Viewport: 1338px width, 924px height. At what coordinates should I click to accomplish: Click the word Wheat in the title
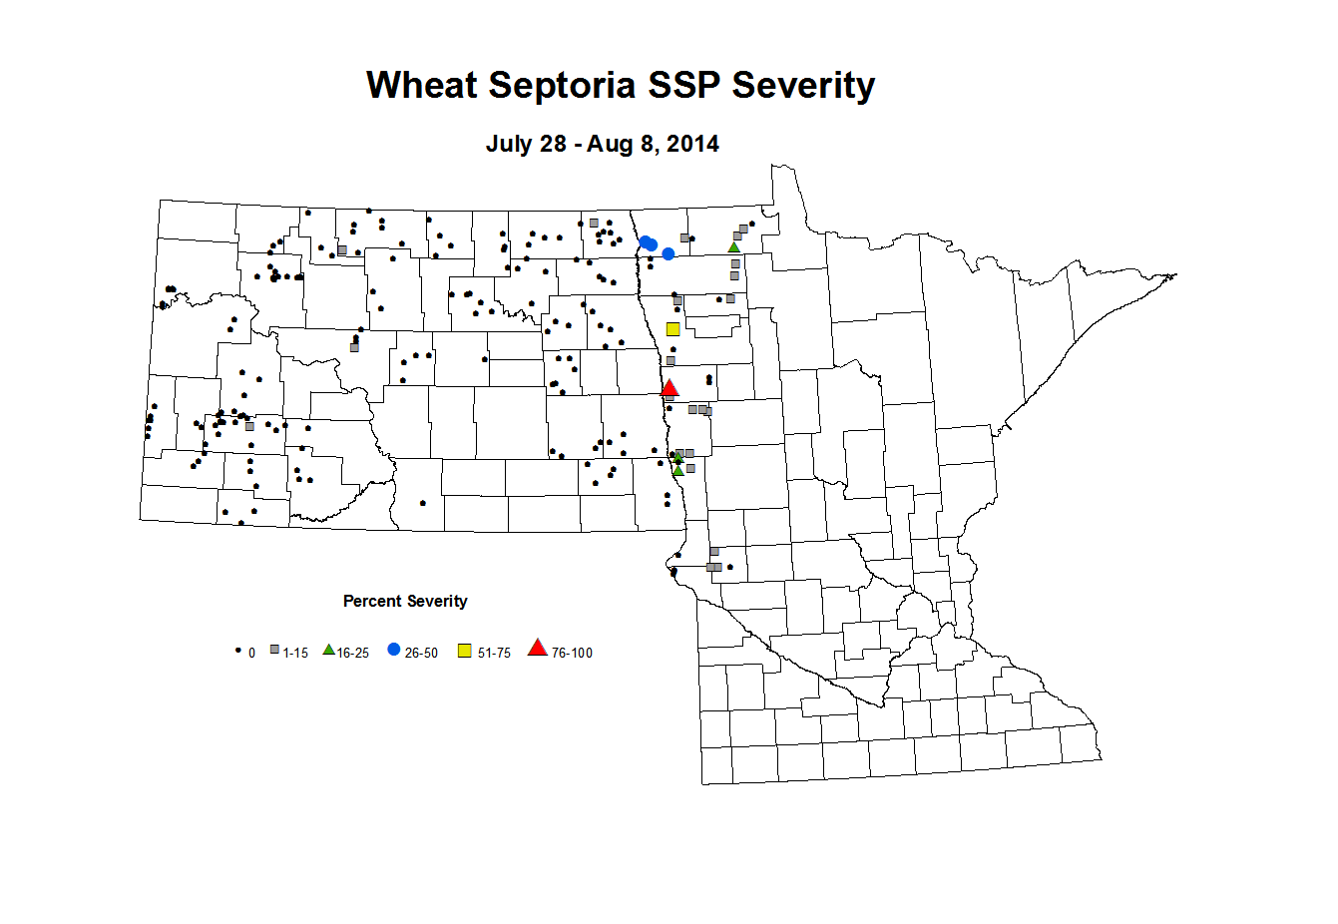tap(422, 86)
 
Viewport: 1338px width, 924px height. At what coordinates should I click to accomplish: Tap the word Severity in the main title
tap(803, 86)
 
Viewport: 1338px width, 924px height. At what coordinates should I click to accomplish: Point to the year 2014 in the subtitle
tap(692, 144)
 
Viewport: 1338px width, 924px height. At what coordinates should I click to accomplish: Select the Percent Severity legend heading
tap(405, 601)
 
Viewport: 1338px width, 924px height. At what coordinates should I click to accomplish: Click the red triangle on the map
tap(669, 388)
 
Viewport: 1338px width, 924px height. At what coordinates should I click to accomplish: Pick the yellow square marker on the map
tap(673, 329)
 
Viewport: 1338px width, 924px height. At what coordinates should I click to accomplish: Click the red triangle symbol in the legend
tap(538, 649)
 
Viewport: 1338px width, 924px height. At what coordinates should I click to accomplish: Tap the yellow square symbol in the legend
tap(465, 652)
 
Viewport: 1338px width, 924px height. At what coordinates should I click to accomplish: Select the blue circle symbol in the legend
tap(394, 650)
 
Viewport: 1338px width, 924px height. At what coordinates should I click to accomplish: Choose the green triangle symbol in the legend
tap(328, 650)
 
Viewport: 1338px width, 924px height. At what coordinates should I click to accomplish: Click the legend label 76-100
tap(572, 654)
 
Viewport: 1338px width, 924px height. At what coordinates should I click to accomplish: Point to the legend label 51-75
tap(494, 654)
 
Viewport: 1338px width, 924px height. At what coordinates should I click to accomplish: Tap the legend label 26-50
tap(421, 654)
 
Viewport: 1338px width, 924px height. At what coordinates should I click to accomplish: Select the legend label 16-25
tap(353, 654)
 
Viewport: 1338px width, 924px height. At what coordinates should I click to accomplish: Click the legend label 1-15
tap(295, 654)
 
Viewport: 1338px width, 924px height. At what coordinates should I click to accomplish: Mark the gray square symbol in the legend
tap(274, 650)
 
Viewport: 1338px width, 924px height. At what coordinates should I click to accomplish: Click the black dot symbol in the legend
tap(237, 650)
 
